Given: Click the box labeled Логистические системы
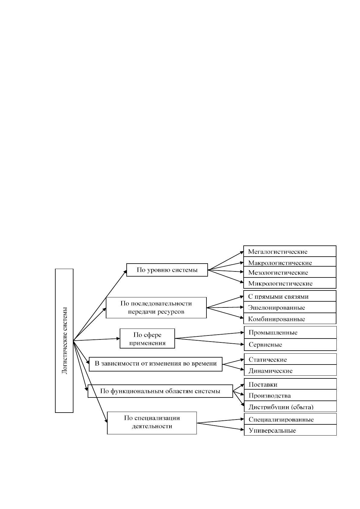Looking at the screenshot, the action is [64, 340].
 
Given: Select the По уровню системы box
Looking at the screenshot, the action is [167, 270].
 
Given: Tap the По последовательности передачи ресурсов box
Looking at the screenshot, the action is [156, 307].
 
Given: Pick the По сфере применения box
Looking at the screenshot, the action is [147, 338].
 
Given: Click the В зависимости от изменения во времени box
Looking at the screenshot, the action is [155, 364].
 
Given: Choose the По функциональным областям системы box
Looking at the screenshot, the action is [160, 391].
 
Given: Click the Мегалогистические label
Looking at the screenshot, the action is [290, 251].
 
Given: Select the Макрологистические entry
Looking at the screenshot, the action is [290, 261].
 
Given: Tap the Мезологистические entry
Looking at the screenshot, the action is [290, 272].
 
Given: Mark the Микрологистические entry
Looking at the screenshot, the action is [290, 283].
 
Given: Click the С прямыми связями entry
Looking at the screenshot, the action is [290, 296].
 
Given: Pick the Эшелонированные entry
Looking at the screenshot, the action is [290, 307].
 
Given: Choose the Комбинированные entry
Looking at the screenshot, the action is [290, 318].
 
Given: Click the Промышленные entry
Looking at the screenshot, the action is [290, 332].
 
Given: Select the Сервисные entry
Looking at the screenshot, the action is [290, 345].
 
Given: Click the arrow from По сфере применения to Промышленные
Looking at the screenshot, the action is [209, 336].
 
